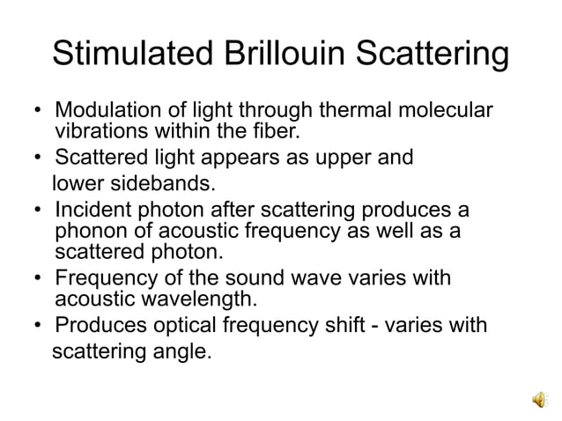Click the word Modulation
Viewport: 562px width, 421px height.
[105, 113]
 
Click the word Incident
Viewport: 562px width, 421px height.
[91, 210]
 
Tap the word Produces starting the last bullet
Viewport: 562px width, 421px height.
[97, 325]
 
